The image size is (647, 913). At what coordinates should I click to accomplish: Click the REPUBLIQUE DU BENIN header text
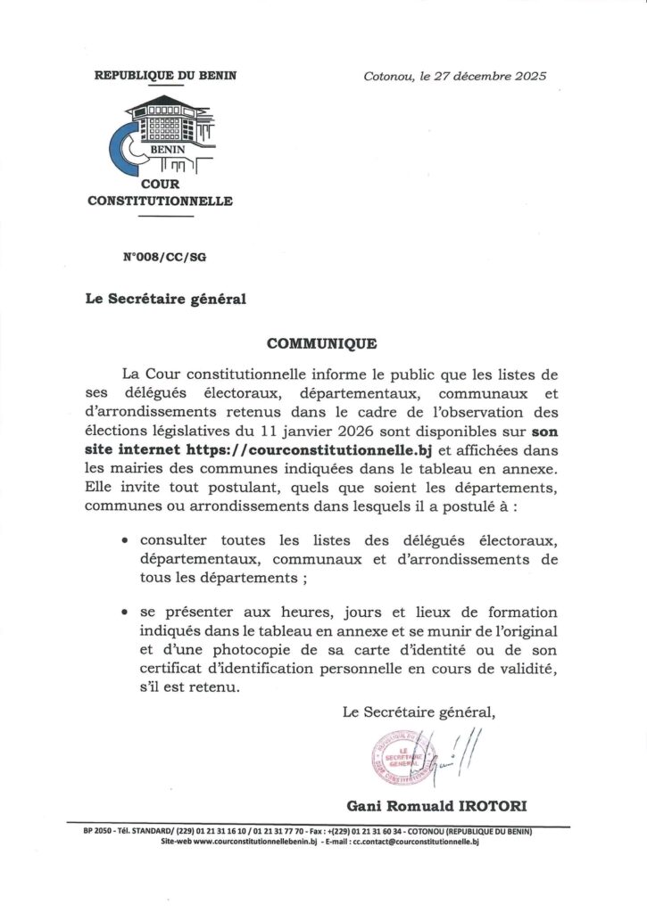pyautogui.click(x=165, y=76)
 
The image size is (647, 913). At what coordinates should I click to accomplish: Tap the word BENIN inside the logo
pyautogui.click(x=166, y=151)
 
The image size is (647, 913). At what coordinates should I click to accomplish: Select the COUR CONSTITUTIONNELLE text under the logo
pyautogui.click(x=161, y=193)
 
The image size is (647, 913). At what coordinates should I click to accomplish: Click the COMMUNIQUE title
pyautogui.click(x=322, y=343)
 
